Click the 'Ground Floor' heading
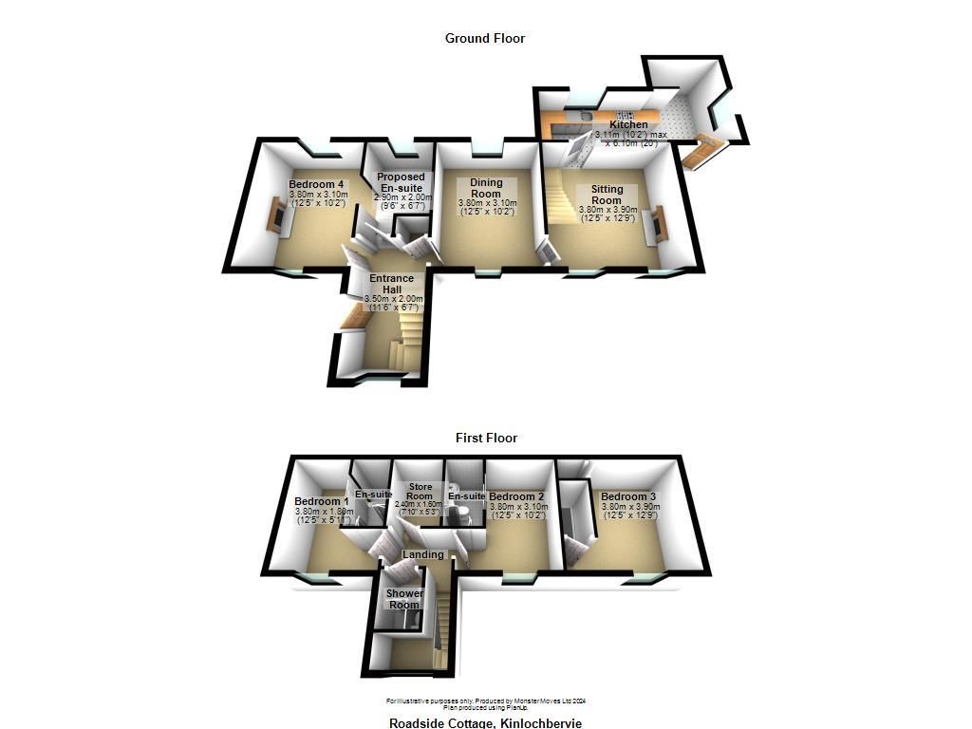(x=485, y=38)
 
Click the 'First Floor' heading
(x=485, y=438)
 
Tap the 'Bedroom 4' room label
(x=317, y=184)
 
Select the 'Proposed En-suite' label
(x=401, y=182)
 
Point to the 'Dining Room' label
(x=486, y=188)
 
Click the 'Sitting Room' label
(x=607, y=195)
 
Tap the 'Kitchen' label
(x=628, y=124)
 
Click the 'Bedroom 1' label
(x=322, y=501)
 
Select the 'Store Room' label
(x=420, y=491)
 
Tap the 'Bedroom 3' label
(x=628, y=496)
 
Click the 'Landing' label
(x=423, y=554)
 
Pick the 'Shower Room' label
(x=403, y=599)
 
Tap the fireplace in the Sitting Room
(x=655, y=226)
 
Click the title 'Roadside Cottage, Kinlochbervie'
(x=485, y=723)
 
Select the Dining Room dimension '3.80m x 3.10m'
(x=487, y=203)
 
